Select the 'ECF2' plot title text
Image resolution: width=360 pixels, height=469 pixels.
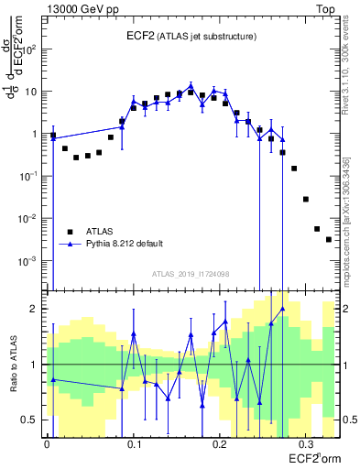tap(142, 36)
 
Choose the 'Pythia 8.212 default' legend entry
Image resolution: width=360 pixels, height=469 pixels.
tap(125, 245)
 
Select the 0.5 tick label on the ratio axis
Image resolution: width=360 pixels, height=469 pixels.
tap(32, 420)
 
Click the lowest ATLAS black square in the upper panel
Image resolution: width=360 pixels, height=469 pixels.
tap(329, 239)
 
